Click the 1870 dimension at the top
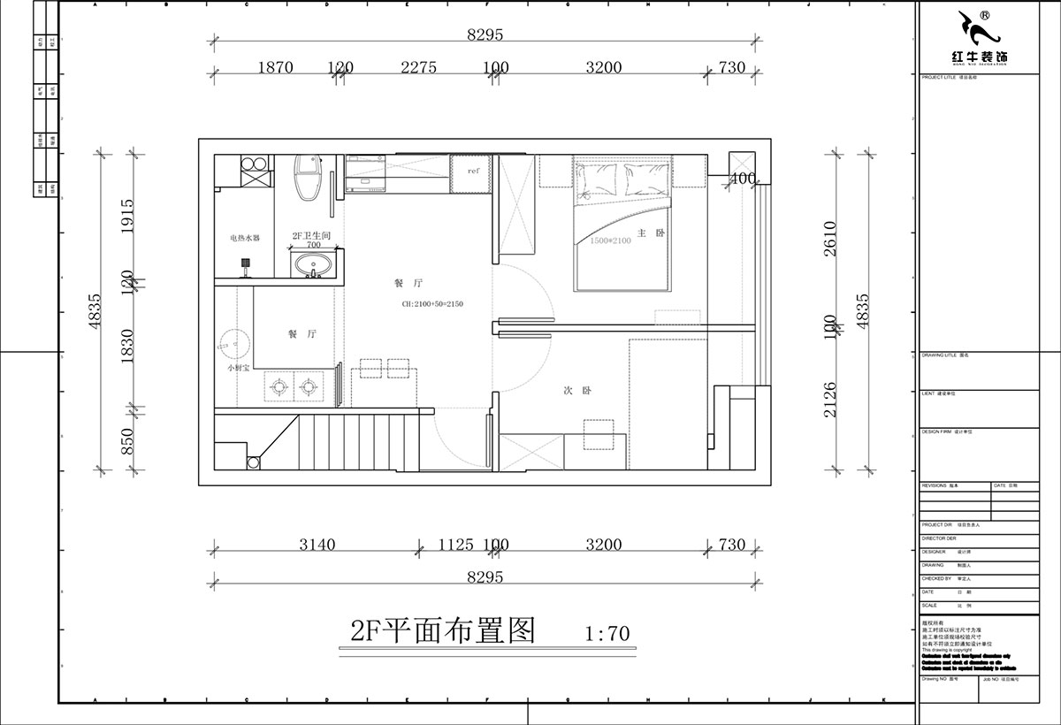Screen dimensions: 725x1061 tap(275, 68)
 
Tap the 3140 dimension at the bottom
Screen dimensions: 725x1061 tap(317, 545)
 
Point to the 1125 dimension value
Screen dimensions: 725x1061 tap(456, 545)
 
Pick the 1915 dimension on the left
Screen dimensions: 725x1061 tap(126, 214)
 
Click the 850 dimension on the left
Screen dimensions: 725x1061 tap(126, 439)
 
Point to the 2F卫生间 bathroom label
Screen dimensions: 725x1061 tap(310, 236)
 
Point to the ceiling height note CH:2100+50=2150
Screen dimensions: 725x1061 tap(432, 304)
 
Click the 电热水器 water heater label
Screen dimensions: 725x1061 tap(245, 238)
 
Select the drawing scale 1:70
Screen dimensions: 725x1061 tap(607, 633)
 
